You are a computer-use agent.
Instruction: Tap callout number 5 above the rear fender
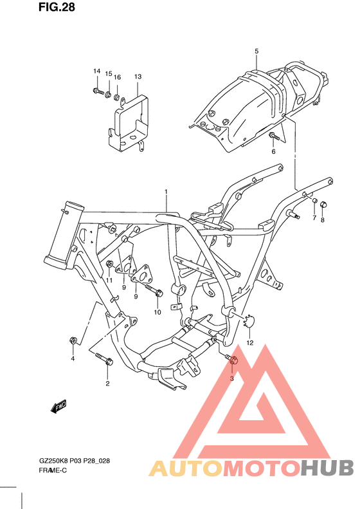click(x=256, y=51)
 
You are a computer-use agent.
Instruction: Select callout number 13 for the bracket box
click(x=138, y=77)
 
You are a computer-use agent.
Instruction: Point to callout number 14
click(x=96, y=71)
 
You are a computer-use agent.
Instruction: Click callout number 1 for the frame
click(x=165, y=192)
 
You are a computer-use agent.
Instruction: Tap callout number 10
click(x=156, y=312)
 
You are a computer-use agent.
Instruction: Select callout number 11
click(x=109, y=281)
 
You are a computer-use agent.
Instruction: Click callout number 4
click(x=73, y=358)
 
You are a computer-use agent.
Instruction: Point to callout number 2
click(x=107, y=384)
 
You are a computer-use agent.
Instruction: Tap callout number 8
click(x=323, y=219)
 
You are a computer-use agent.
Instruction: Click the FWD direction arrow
click(x=59, y=406)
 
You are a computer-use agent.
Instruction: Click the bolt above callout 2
click(x=104, y=358)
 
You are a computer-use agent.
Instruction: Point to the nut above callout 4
click(x=73, y=339)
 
